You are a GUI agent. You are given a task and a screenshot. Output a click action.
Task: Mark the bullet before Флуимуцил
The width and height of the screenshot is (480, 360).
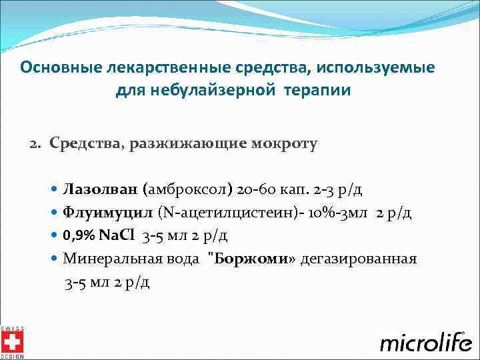click(x=54, y=213)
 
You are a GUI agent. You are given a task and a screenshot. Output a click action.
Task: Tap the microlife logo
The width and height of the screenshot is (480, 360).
click(x=424, y=342)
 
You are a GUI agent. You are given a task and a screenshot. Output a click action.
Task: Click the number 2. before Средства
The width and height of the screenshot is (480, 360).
click(x=35, y=143)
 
